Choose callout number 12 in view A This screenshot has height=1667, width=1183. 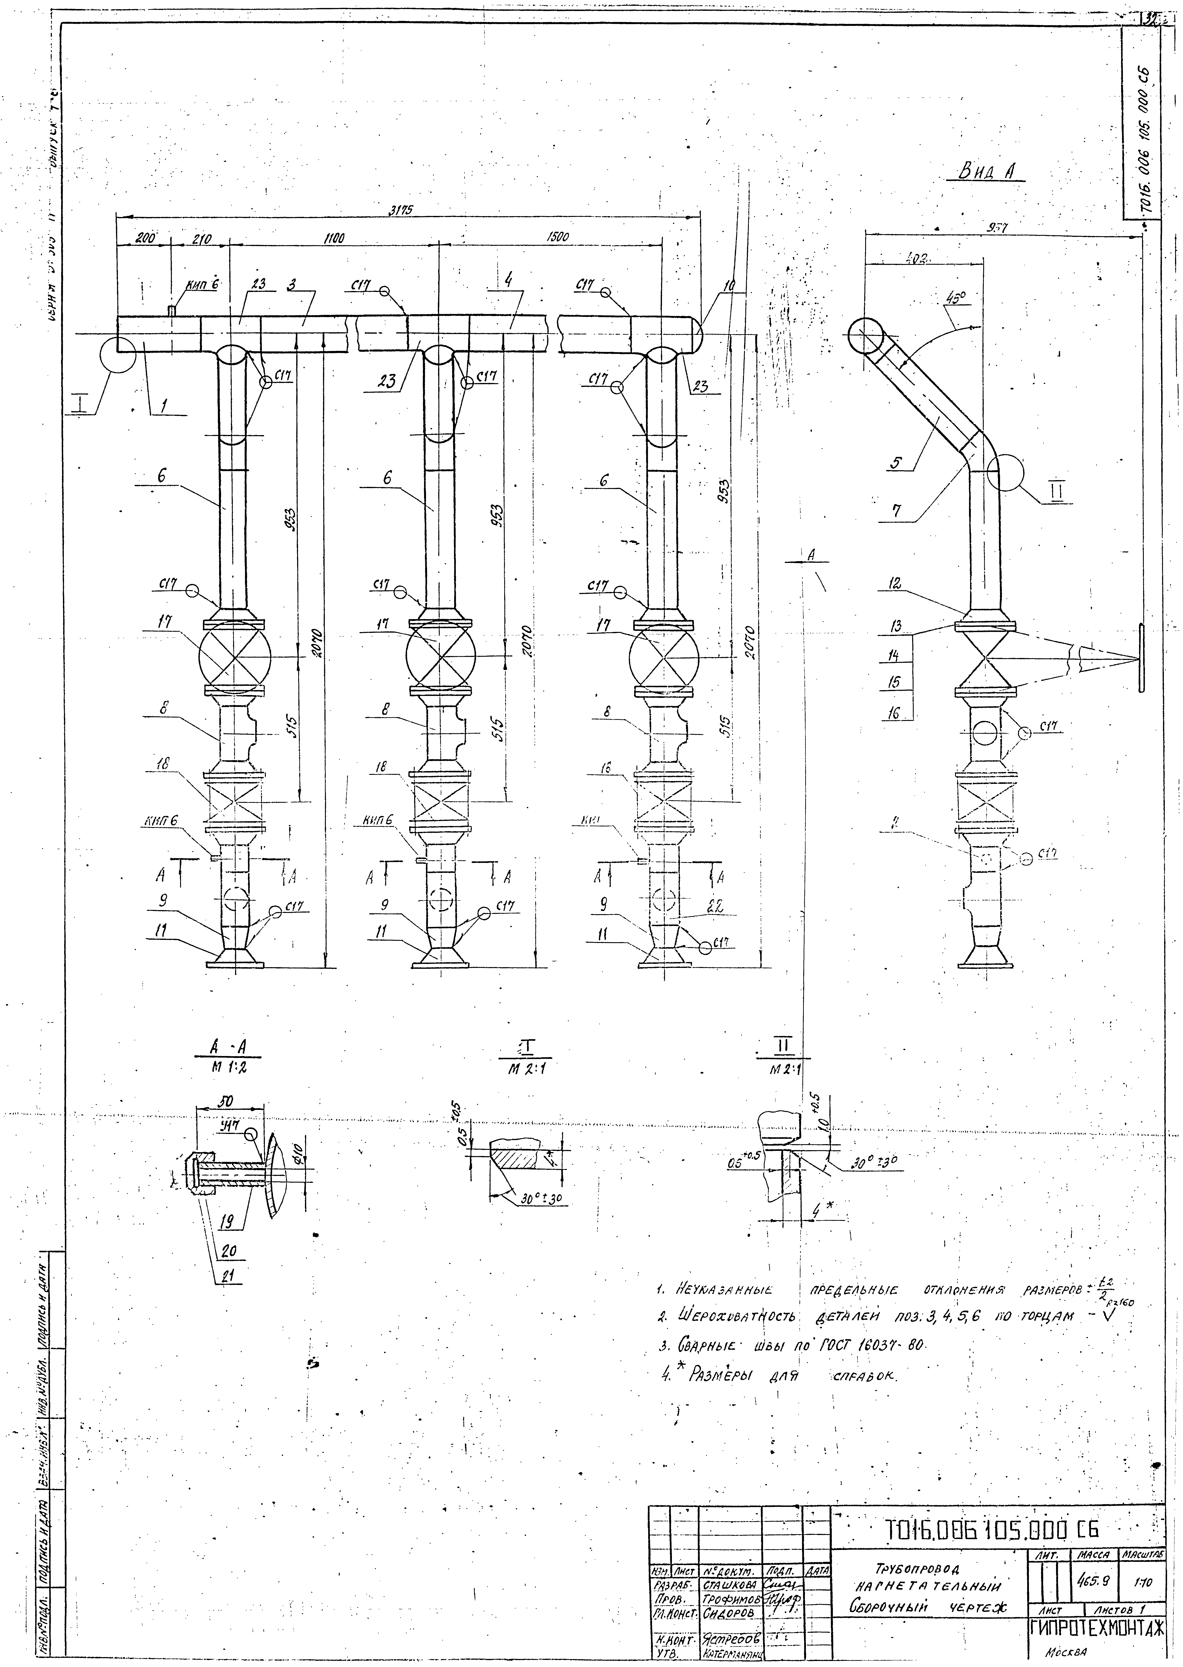pyautogui.click(x=895, y=584)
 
